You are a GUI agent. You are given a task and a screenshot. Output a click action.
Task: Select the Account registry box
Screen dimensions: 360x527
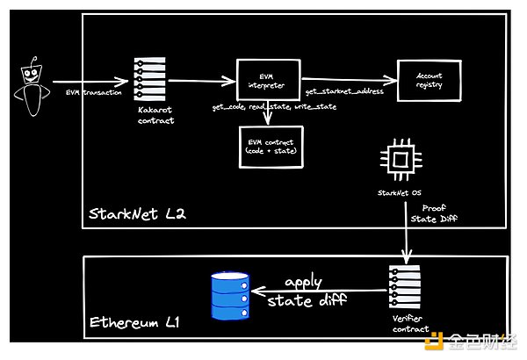430,79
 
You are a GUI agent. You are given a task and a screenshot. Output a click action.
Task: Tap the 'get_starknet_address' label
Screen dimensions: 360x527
346,91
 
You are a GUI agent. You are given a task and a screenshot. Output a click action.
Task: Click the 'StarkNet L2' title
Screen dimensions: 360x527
136,214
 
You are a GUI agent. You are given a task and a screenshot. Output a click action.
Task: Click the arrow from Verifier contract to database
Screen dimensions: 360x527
316,289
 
